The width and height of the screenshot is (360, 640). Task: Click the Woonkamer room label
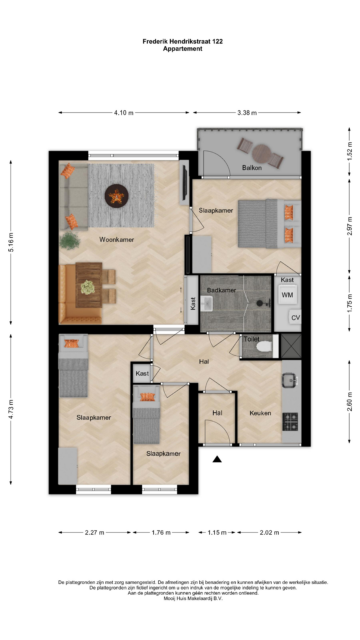tap(117, 239)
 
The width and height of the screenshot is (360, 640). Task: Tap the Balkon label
tap(252, 168)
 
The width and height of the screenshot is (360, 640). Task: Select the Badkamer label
tap(221, 290)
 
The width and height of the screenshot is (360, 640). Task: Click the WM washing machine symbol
tap(287, 295)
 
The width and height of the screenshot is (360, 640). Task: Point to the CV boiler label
tap(296, 318)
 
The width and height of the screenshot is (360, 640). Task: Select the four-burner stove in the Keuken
tap(290, 421)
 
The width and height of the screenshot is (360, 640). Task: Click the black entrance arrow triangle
tap(217, 459)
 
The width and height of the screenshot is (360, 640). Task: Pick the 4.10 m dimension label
tap(124, 113)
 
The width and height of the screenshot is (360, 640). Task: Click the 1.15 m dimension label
tap(217, 532)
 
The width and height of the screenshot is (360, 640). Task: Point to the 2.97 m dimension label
tap(349, 226)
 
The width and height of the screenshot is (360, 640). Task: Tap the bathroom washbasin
tap(207, 303)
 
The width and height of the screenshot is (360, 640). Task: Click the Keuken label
tap(260, 413)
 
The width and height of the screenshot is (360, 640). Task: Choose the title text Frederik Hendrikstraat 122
tap(183, 41)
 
